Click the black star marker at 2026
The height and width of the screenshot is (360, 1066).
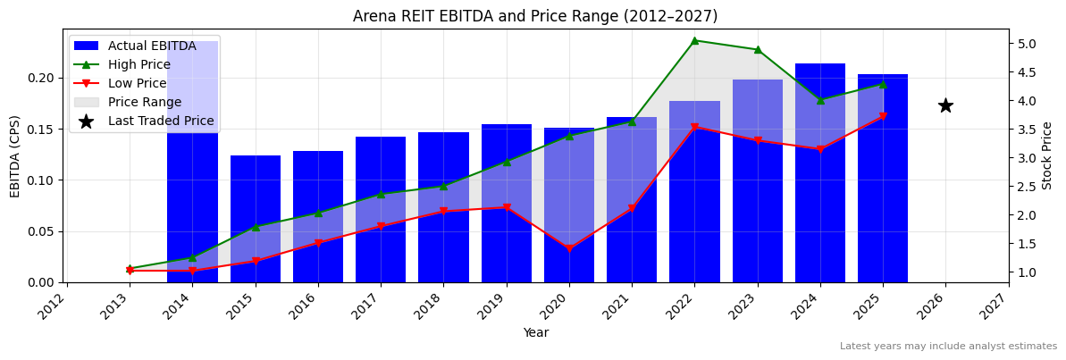[x=945, y=105]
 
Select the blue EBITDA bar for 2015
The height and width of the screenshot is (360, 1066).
[x=256, y=219]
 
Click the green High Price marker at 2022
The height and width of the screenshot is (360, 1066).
[x=694, y=40]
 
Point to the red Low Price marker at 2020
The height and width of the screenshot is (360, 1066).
[x=569, y=248]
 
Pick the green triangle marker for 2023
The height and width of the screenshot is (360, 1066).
[x=758, y=49]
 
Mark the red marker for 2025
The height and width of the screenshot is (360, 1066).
[x=883, y=116]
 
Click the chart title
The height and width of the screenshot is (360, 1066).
[x=535, y=16]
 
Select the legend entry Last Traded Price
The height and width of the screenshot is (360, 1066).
[x=161, y=121]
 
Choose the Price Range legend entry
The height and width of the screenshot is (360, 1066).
[x=145, y=102]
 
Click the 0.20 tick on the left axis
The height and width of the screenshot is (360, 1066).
[x=41, y=78]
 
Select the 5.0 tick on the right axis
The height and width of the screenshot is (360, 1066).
[x=1028, y=44]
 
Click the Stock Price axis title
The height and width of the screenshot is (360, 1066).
[x=1047, y=155]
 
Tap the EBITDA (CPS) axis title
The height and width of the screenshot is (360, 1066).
[x=15, y=155]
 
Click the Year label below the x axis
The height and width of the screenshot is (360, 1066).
[x=536, y=332]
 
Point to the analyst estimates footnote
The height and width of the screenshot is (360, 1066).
[x=948, y=347]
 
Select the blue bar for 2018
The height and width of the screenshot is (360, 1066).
[x=443, y=207]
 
